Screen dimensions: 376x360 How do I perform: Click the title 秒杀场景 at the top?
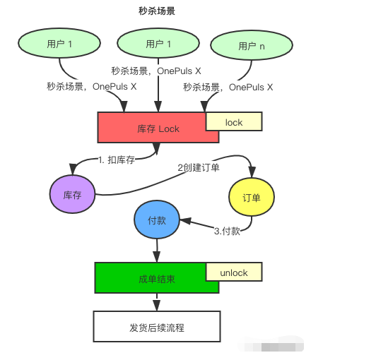tap(157, 11)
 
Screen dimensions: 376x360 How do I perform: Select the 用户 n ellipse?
tap(252, 45)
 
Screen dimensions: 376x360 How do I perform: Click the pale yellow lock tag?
tap(234, 121)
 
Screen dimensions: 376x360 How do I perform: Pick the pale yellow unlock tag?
tap(234, 272)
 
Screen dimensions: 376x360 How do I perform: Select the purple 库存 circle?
tap(72, 194)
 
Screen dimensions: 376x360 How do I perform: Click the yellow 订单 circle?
tap(252, 197)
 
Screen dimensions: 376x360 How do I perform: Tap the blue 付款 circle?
tap(157, 220)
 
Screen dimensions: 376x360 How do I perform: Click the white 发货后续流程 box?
tap(157, 326)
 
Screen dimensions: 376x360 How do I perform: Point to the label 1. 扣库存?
tap(117, 160)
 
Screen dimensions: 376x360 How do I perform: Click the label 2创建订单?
tap(199, 167)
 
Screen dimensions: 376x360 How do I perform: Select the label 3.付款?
tap(227, 231)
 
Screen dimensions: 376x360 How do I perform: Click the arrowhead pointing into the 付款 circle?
tap(186, 221)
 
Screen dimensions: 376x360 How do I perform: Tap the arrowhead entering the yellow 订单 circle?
tap(252, 172)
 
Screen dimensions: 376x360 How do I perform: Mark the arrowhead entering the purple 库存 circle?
tap(73, 169)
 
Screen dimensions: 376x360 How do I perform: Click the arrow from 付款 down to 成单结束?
tap(157, 251)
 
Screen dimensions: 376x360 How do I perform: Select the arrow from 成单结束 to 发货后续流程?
tap(157, 302)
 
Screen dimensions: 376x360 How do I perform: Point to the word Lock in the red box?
tap(169, 129)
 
